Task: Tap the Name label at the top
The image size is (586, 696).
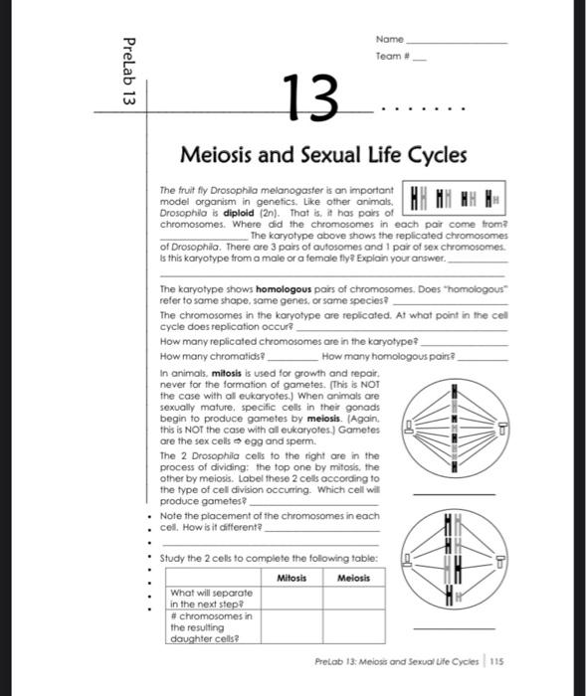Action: click(389, 39)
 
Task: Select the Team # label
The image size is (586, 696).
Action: click(392, 57)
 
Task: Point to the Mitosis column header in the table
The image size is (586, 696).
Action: click(292, 578)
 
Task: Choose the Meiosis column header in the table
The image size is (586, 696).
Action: click(353, 578)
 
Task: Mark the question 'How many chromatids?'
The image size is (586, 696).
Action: click(199, 355)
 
